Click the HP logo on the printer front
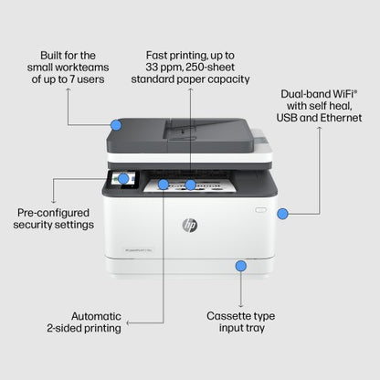[190, 225]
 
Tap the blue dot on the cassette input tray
[241, 266]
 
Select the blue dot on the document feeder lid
[116, 124]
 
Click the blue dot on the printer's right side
[282, 213]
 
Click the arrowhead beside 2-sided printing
[128, 322]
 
